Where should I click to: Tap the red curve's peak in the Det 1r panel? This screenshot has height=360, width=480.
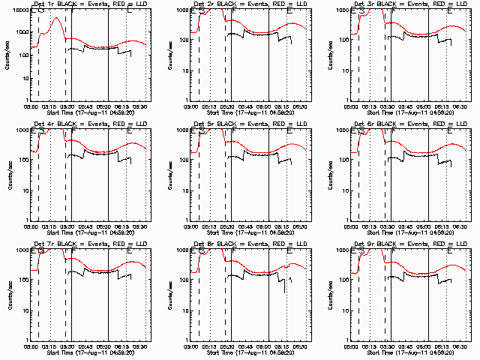56,18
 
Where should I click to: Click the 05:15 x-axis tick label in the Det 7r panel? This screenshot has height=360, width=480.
50,346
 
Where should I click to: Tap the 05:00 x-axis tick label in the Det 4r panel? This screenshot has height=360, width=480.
31,226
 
